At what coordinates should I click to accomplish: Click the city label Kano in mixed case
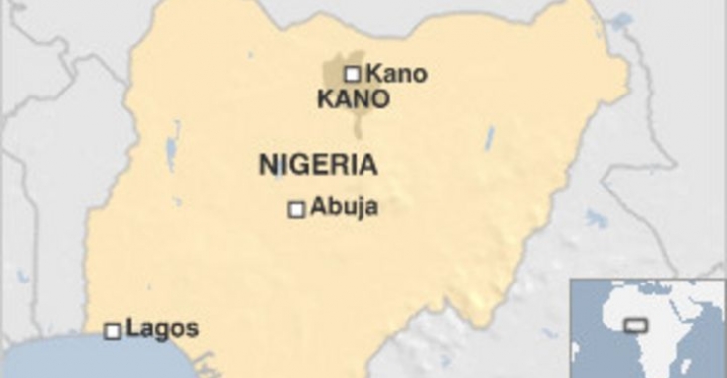(x=396, y=73)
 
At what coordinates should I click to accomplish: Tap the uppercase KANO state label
(x=352, y=99)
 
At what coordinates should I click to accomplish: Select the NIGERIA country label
(x=318, y=164)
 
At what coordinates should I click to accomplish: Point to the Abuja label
(x=345, y=207)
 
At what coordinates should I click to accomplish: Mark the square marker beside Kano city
(x=352, y=73)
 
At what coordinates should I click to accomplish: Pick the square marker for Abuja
(x=296, y=209)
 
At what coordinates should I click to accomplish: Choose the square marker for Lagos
(x=113, y=331)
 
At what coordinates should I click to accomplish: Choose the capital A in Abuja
(x=319, y=207)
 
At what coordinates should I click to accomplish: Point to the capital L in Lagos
(x=133, y=328)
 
